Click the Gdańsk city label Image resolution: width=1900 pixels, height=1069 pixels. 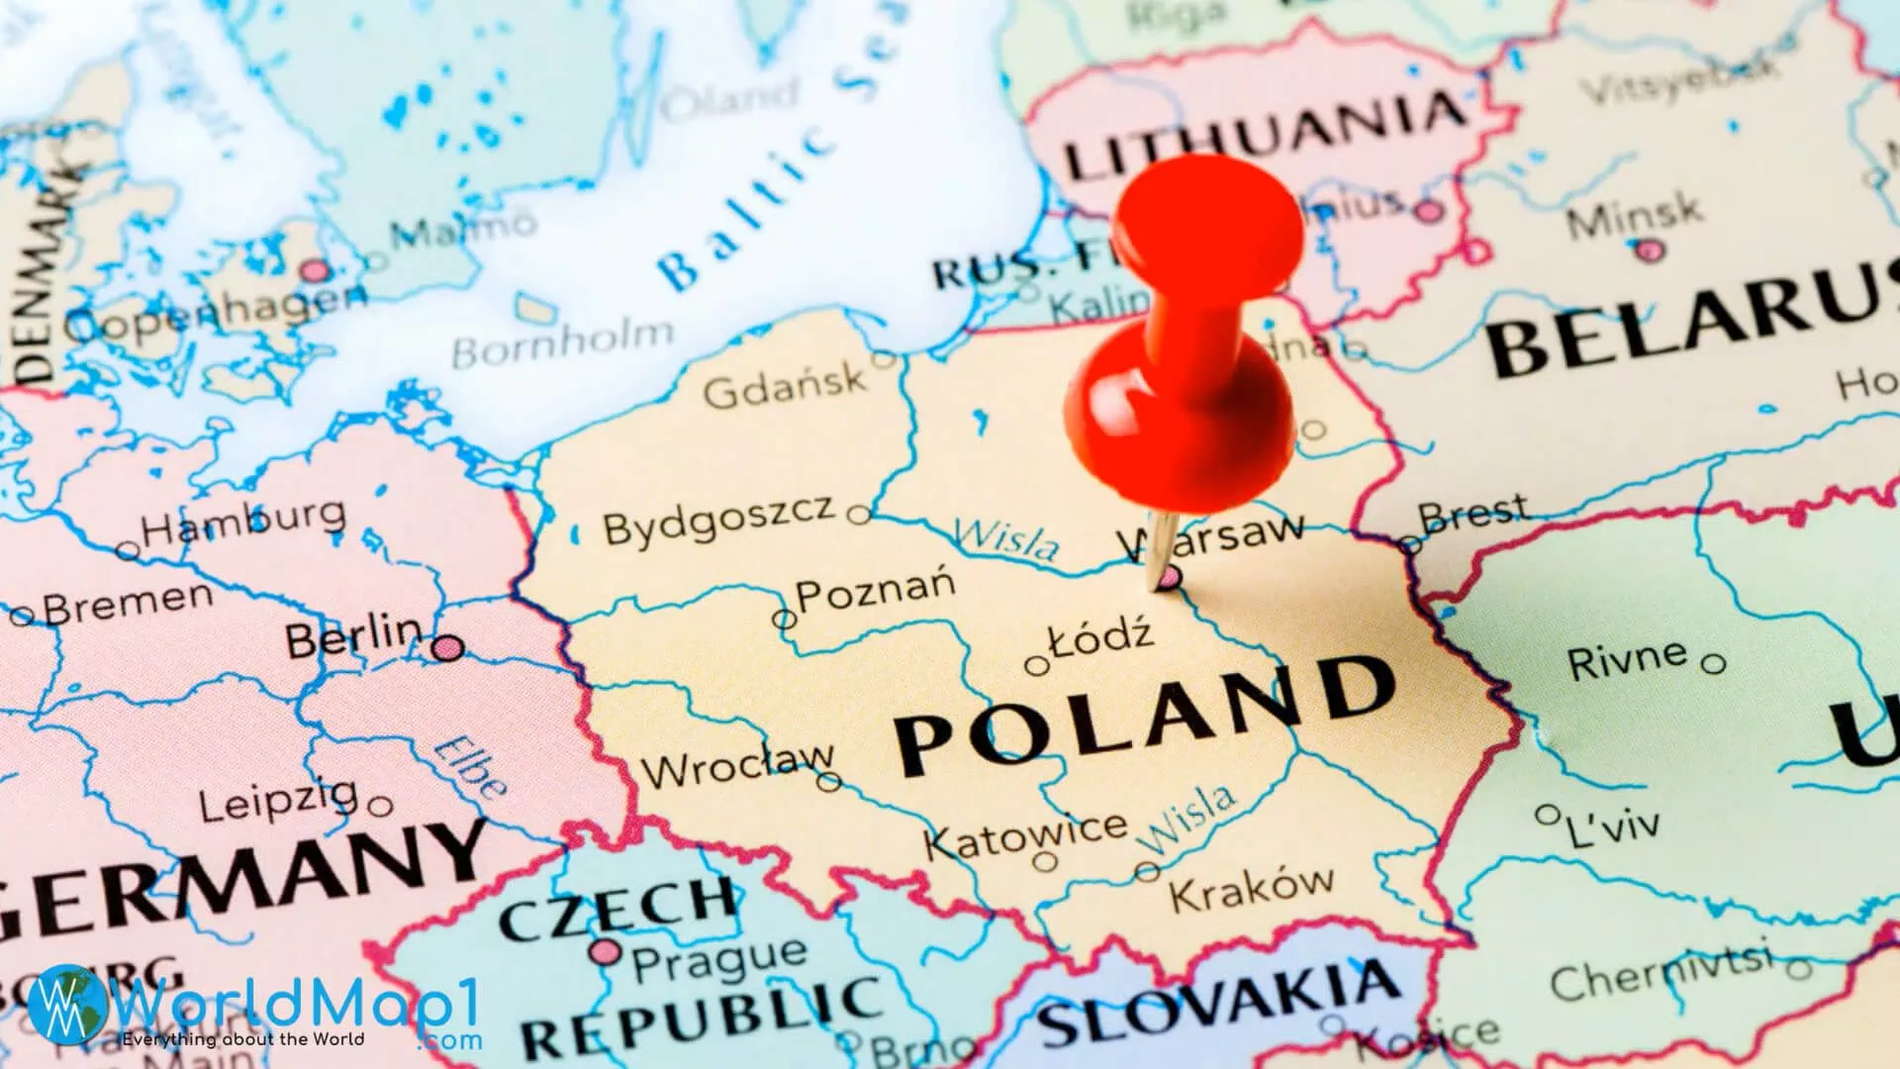785,387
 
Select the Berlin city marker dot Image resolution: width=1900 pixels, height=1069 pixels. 447,648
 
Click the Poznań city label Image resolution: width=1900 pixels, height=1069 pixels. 876,591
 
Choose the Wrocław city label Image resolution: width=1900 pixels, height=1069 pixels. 737,766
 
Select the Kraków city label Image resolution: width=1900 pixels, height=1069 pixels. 1252,889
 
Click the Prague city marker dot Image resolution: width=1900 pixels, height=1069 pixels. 605,953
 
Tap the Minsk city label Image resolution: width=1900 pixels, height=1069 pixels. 1633,216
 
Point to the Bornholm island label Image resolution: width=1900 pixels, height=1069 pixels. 563,345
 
